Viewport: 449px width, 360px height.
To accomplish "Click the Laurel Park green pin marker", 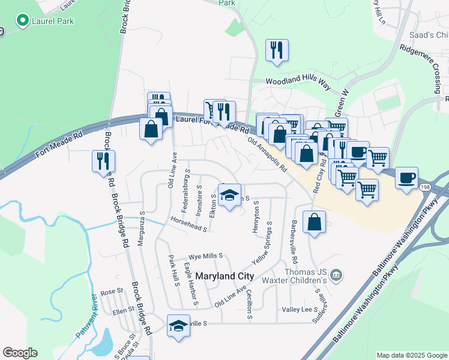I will (x=23, y=22).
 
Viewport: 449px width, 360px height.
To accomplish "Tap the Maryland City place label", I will (x=224, y=277).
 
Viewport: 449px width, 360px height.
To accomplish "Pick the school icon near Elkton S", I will (x=229, y=195).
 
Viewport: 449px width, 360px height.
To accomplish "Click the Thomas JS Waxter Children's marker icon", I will (x=336, y=275).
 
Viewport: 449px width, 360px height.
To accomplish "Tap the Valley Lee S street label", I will (x=300, y=310).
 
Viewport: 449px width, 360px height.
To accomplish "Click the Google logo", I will (x=20, y=353).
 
